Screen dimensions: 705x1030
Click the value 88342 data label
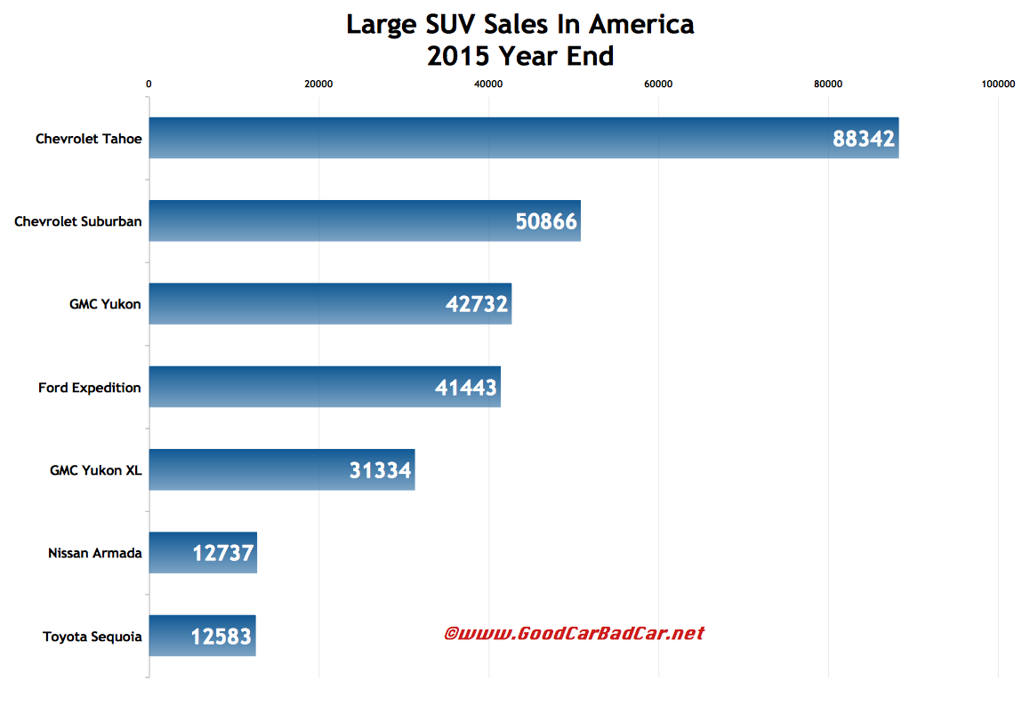[x=864, y=140]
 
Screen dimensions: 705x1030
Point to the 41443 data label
[x=466, y=388]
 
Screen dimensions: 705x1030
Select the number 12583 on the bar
[x=221, y=637]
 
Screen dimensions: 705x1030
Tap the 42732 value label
[x=477, y=305]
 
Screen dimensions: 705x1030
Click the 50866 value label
[x=546, y=222]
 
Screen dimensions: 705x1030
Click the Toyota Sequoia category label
[x=93, y=636]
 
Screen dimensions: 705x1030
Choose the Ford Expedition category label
[x=90, y=387]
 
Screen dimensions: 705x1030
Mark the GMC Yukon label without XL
[x=105, y=304]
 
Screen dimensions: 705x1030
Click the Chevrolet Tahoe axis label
[x=89, y=138]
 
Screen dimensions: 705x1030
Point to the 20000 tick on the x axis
[x=318, y=84]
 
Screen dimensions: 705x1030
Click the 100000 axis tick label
[x=997, y=84]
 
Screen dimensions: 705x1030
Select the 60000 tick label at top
[x=658, y=84]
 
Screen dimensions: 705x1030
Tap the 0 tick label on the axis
[x=149, y=84]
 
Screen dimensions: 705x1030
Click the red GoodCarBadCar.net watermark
[x=574, y=634]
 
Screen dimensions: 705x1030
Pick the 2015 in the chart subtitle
[x=457, y=56]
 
